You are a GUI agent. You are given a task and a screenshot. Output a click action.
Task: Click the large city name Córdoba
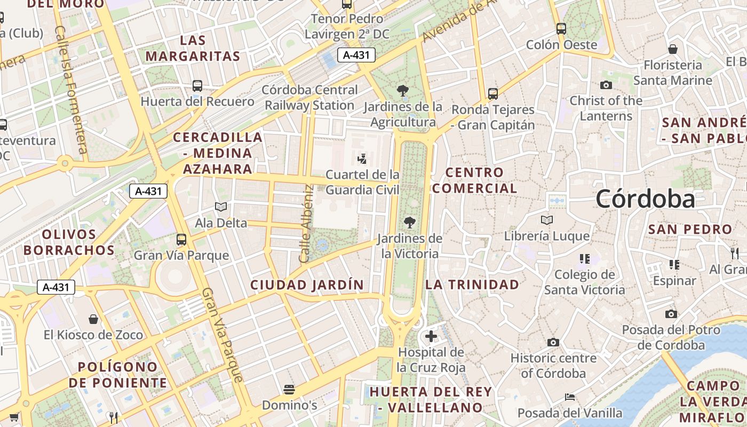tap(646, 199)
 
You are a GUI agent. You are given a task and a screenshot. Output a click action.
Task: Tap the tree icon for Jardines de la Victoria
tap(410, 222)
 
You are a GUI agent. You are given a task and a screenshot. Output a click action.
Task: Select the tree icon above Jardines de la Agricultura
tap(403, 91)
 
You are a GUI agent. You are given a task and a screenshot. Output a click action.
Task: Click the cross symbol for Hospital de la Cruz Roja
tap(431, 336)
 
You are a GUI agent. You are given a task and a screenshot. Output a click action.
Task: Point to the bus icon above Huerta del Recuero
tap(197, 85)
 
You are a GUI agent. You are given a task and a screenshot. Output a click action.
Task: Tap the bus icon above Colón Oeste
tap(561, 29)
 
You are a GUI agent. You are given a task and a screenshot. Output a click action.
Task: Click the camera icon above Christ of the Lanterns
tap(606, 85)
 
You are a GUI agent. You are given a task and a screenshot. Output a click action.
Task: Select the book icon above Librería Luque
tap(547, 220)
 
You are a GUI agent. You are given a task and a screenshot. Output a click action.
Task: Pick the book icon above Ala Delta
tap(221, 207)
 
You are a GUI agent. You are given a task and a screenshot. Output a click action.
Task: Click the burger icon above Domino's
tap(289, 389)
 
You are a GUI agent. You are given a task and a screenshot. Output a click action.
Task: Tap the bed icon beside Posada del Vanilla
tap(570, 397)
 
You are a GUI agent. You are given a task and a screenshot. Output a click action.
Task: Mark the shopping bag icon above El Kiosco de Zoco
tap(93, 319)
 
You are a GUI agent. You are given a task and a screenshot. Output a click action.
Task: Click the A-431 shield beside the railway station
tap(356, 54)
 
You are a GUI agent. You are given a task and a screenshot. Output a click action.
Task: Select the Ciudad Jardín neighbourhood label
tap(307, 285)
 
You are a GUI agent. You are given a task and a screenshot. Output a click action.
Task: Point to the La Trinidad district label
tap(472, 284)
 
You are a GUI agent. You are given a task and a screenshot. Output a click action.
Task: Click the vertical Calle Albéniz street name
tap(306, 224)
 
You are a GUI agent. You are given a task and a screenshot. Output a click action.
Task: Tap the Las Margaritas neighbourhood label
tap(193, 48)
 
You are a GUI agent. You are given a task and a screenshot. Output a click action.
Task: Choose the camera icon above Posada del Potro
tap(671, 314)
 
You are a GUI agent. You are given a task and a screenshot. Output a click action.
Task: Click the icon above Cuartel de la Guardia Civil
tap(362, 159)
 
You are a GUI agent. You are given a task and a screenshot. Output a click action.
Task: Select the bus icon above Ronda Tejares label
tap(493, 94)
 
